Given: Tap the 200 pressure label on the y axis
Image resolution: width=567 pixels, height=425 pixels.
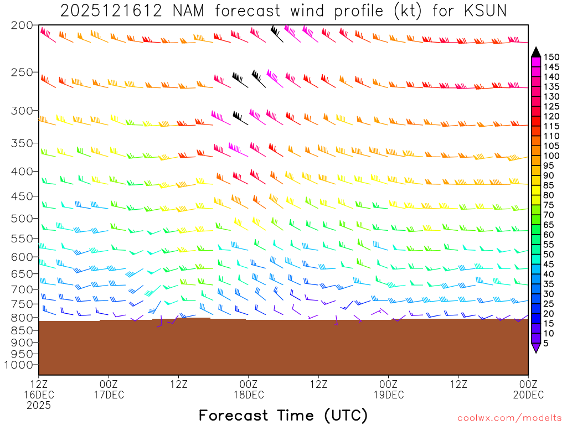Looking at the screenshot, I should pos(22,25).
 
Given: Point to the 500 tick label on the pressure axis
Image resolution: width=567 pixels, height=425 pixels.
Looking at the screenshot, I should pos(22,218).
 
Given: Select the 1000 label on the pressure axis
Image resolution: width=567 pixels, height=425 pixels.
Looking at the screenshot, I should pos(19,365).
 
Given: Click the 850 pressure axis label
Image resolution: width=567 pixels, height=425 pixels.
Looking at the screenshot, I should pos(22,330).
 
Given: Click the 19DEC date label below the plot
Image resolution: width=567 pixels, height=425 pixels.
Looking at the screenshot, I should pos(389,395).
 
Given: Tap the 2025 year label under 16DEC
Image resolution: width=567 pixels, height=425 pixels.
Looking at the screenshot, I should pos(39,405).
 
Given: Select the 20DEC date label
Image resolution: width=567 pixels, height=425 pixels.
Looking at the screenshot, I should pos(528,395).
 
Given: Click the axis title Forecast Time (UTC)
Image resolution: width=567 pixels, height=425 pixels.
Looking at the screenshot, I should pos(283,415).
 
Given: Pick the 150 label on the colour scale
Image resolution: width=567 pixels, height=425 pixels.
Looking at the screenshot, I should pos(551,56).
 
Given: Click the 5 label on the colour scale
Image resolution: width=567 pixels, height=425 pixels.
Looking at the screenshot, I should pos(546,343).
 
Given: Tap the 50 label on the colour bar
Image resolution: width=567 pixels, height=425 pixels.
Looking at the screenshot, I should pos(549,254).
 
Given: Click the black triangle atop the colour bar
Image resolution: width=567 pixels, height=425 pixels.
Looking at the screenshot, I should pos(536,52).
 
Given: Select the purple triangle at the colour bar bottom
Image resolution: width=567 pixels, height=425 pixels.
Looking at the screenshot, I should pos(536,348).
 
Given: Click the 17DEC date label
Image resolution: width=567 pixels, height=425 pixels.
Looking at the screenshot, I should pos(109,395).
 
